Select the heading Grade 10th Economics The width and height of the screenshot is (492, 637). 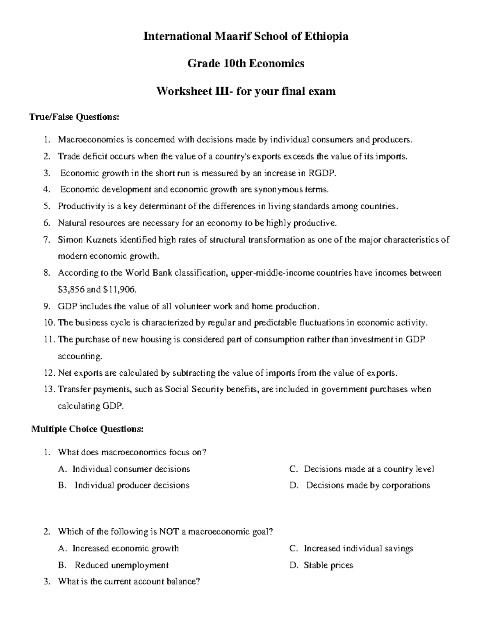246,64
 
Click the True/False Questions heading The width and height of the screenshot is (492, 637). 74,117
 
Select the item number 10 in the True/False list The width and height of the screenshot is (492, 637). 49,323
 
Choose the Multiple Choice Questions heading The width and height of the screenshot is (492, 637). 88,429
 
